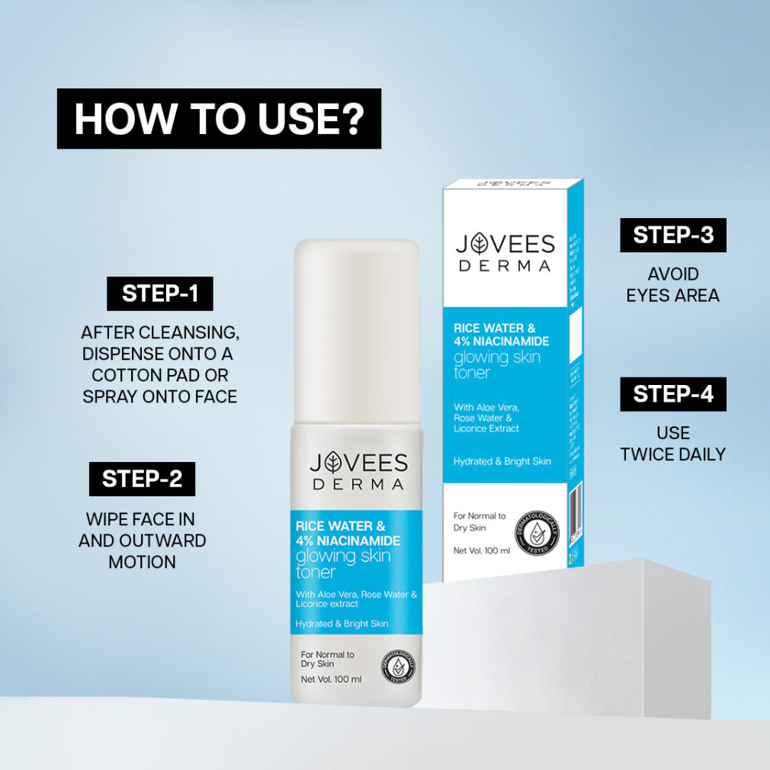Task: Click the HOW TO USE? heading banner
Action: pyautogui.click(x=219, y=118)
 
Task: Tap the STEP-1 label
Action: pyautogui.click(x=159, y=294)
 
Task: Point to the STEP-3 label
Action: pyautogui.click(x=672, y=235)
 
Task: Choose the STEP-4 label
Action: pyautogui.click(x=672, y=394)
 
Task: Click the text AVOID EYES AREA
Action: pyautogui.click(x=672, y=284)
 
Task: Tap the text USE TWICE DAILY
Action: pyautogui.click(x=672, y=444)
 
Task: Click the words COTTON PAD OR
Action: pyautogui.click(x=159, y=376)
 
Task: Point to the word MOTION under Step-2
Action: pyautogui.click(x=142, y=562)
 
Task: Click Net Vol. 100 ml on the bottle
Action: pyautogui.click(x=331, y=679)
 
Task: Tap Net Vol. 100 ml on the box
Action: pyautogui.click(x=481, y=550)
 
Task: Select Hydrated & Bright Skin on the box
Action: pyautogui.click(x=502, y=461)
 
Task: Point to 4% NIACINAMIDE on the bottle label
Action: pyautogui.click(x=348, y=541)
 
